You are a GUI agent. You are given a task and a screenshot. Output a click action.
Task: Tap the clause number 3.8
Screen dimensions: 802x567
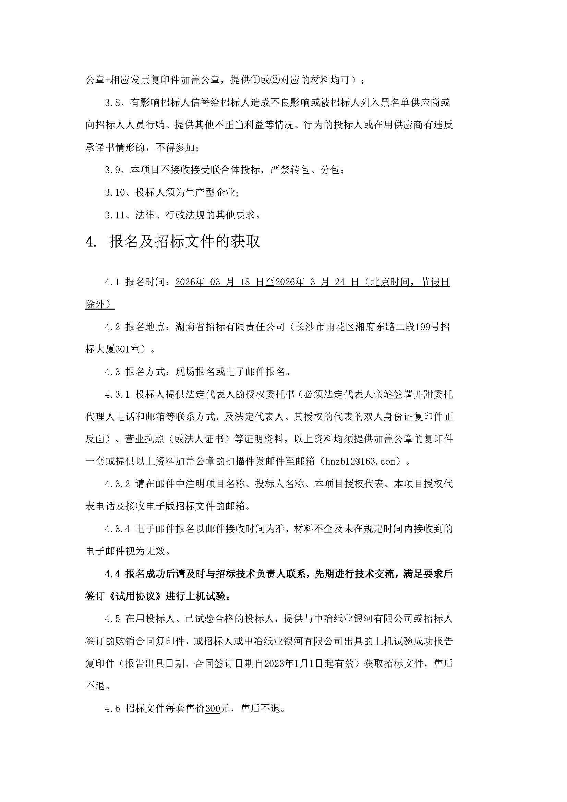pos(112,103)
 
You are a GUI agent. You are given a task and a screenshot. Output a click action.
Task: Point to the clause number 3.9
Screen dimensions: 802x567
pos(112,170)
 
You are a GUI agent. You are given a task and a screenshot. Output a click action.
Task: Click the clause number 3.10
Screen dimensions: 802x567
pos(115,192)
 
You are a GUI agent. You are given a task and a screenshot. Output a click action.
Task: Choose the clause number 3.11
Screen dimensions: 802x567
pos(115,215)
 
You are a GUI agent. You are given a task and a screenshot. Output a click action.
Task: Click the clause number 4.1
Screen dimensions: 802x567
pos(112,282)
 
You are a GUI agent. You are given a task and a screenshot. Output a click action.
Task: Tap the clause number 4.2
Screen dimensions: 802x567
pos(112,327)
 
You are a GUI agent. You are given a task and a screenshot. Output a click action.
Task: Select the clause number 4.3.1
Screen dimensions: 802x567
pos(117,394)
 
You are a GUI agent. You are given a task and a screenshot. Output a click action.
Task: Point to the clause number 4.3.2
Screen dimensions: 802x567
pos(117,484)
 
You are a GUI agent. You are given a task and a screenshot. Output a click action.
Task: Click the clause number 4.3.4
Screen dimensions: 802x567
pos(117,529)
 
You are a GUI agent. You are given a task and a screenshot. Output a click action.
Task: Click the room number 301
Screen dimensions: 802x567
pos(122,349)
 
